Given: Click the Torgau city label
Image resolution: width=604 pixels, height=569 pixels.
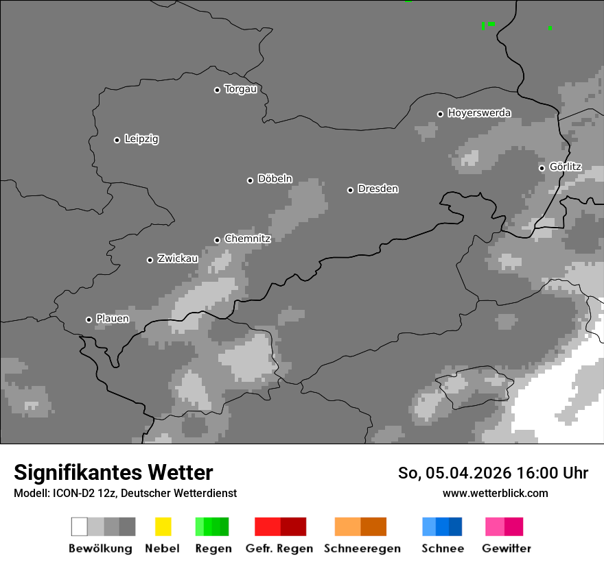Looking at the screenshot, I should pyautogui.click(x=240, y=89).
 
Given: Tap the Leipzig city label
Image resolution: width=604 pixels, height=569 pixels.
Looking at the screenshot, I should pyautogui.click(x=141, y=139).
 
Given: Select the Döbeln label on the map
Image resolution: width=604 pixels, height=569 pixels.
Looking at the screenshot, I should pyautogui.click(x=275, y=179).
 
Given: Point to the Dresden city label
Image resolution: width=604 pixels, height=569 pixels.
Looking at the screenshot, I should pyautogui.click(x=377, y=189).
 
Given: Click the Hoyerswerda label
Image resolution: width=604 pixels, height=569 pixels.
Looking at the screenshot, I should pyautogui.click(x=479, y=113).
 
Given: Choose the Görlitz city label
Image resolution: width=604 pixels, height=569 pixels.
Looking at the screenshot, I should pyautogui.click(x=566, y=167).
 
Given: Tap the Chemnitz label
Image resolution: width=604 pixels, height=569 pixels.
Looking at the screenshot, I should pyautogui.click(x=247, y=239).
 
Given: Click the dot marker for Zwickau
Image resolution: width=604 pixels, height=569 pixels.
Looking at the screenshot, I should pyautogui.click(x=150, y=260).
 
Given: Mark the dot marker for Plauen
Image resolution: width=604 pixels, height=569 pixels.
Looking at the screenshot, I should pyautogui.click(x=89, y=319).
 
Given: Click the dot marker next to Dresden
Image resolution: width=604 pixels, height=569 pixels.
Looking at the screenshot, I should pyautogui.click(x=350, y=190).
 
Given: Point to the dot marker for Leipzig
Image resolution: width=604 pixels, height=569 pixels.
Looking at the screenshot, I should pyautogui.click(x=117, y=140).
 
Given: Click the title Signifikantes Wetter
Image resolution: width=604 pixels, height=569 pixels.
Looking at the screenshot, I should pyautogui.click(x=113, y=472).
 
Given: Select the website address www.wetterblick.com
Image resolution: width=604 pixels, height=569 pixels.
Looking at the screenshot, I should pyautogui.click(x=495, y=493).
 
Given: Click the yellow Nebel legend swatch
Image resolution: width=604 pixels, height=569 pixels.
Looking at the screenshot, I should pyautogui.click(x=163, y=526).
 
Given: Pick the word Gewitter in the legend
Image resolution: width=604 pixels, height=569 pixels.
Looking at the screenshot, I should pyautogui.click(x=507, y=548).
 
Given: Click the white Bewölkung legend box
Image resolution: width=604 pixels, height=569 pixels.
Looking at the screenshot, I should pyautogui.click(x=79, y=526).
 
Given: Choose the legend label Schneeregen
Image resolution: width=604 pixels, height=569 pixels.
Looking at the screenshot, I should pyautogui.click(x=362, y=548).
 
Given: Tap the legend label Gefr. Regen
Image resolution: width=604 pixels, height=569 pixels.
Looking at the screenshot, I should pyautogui.click(x=279, y=548).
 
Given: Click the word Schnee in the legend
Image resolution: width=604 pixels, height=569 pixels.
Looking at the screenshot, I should pyautogui.click(x=442, y=548).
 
